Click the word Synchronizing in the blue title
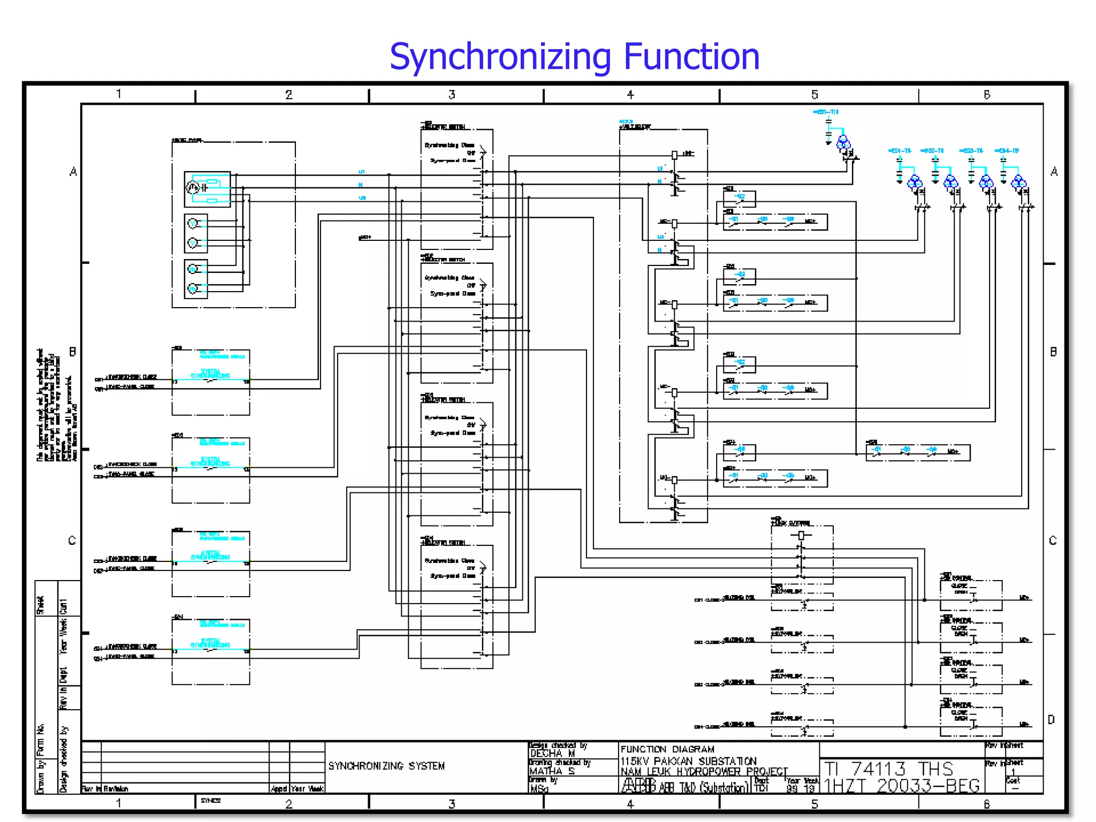[500, 57]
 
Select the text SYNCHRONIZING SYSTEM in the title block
[386, 766]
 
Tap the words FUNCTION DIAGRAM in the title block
[667, 749]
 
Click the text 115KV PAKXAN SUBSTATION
[688, 761]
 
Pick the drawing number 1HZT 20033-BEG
[902, 786]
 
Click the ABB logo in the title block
[638, 786]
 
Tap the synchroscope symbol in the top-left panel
[193, 188]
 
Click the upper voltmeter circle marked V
[193, 223]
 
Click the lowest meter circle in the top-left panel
[193, 289]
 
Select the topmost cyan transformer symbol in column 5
[843, 142]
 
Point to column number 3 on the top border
[452, 95]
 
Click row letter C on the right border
[1053, 541]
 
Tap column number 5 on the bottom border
[815, 804]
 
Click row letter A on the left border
[73, 172]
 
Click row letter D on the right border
[1052, 720]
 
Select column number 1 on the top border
[119, 94]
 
